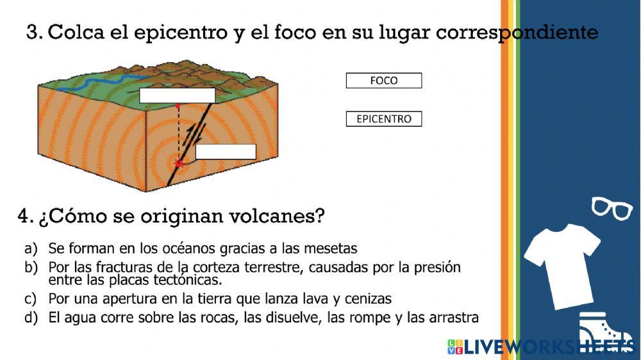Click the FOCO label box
tap(384, 81)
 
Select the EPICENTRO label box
tap(384, 119)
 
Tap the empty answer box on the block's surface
tap(178, 95)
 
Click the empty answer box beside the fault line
tap(226, 152)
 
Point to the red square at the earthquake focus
tap(179, 164)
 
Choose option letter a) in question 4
tap(31, 248)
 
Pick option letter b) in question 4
tap(31, 268)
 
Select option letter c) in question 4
tap(31, 299)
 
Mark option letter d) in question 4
tap(31, 318)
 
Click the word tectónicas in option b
tap(190, 280)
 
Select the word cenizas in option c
tap(370, 299)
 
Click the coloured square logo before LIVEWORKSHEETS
tap(455, 347)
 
